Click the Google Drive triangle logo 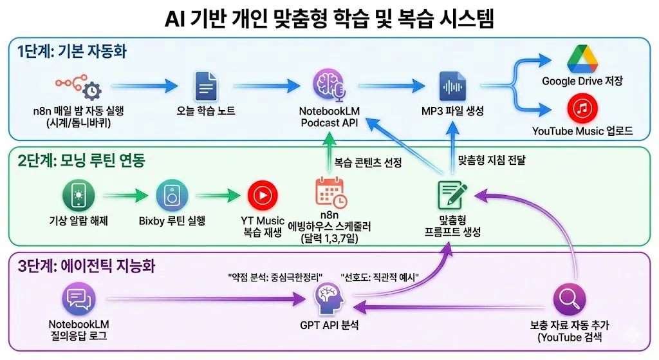582,59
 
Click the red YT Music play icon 262,194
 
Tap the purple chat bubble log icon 79,300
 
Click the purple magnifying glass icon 569,299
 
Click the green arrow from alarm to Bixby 125,193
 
